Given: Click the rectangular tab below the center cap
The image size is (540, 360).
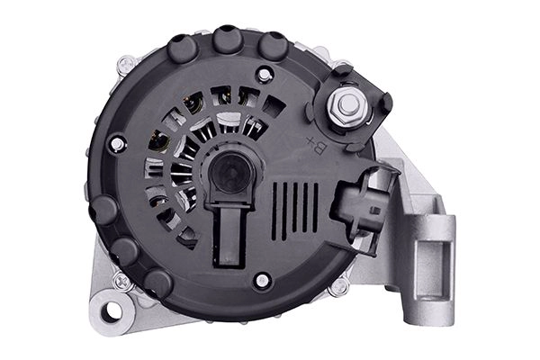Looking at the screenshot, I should tap(228, 235).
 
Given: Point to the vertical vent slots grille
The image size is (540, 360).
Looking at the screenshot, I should tap(295, 208).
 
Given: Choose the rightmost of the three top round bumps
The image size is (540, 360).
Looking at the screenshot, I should tap(272, 46).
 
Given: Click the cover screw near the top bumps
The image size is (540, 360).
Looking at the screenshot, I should tap(263, 75).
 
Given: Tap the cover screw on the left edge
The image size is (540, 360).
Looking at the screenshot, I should tap(115, 143).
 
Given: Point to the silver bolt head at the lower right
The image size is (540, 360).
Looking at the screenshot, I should tap(339, 287).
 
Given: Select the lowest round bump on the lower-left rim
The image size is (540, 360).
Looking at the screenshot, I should tap(158, 283).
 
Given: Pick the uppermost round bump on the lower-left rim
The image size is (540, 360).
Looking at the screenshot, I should tap(105, 210).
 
